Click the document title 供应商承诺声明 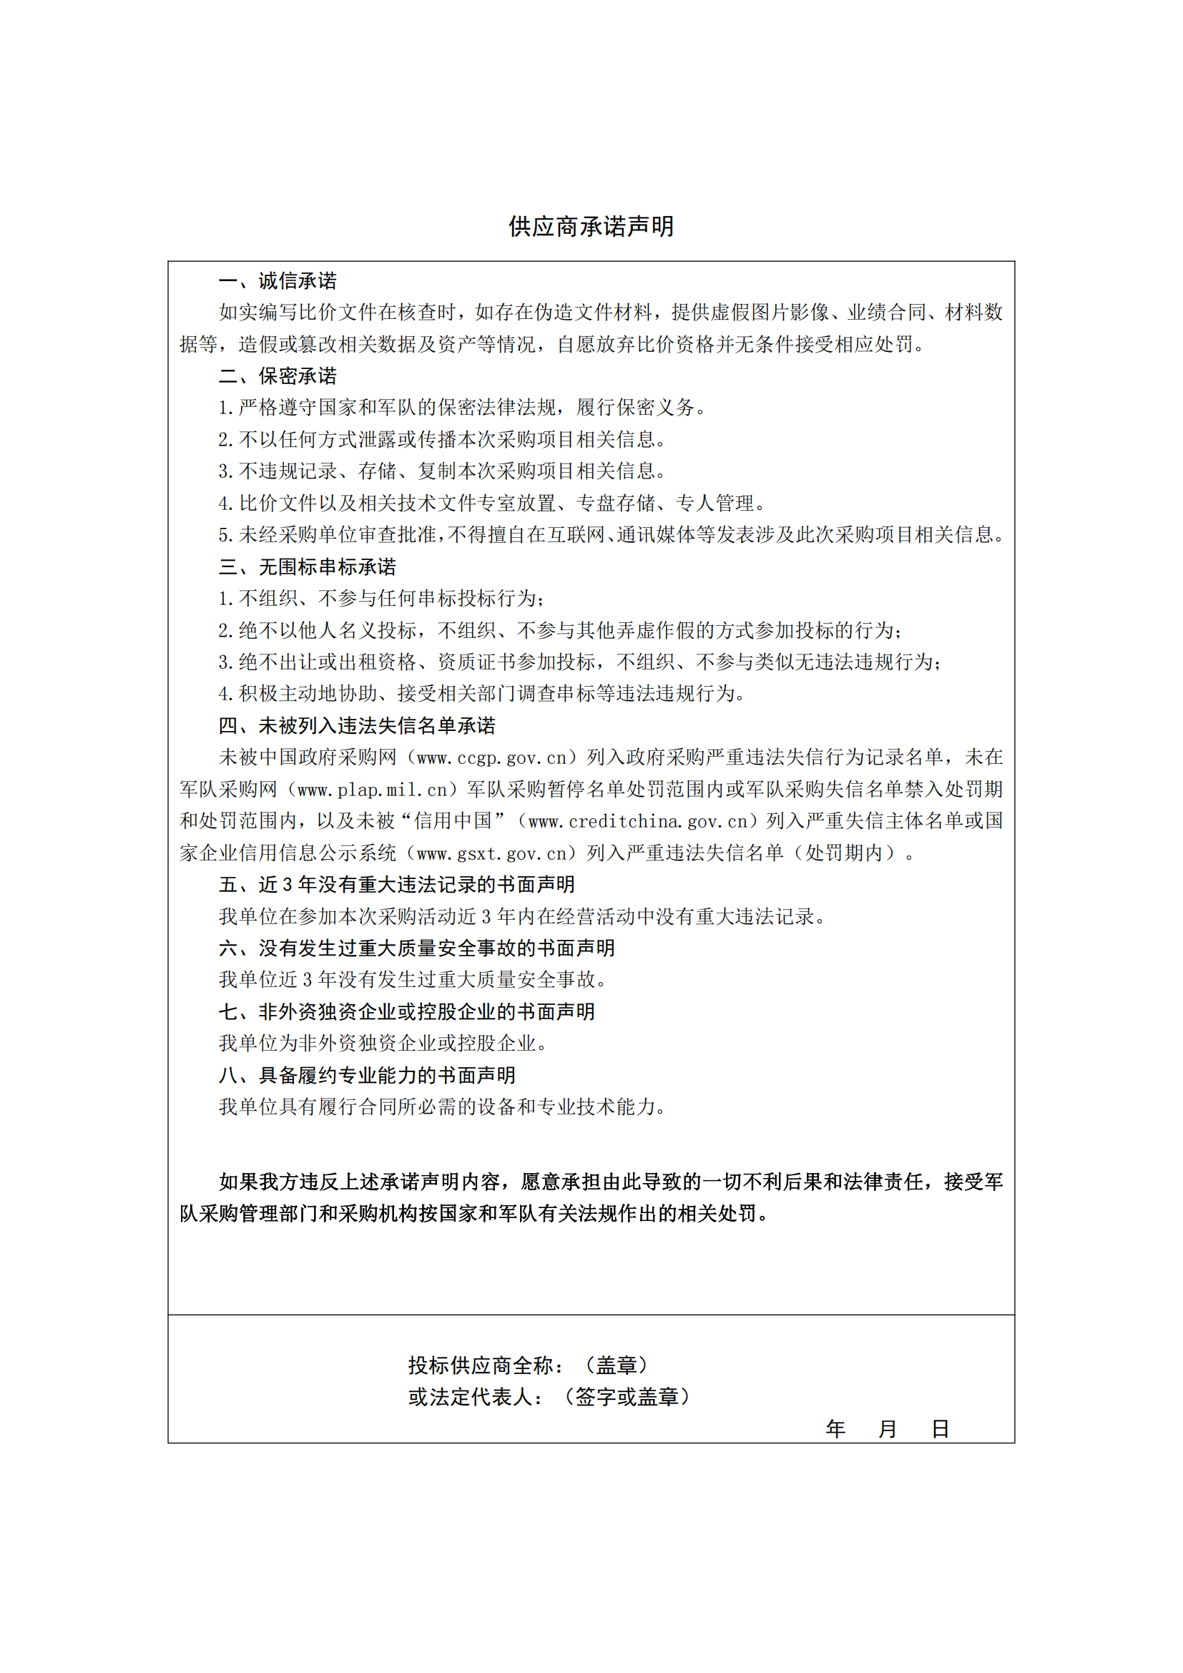591,227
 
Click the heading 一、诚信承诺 278,281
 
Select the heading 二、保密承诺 278,376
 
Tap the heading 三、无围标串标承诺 308,567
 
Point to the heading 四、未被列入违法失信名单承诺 357,726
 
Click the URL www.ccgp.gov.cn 491,757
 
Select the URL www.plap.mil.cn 372,790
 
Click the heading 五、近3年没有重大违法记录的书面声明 397,885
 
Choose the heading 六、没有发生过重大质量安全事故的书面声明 417,948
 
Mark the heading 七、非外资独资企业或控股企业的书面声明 406,1011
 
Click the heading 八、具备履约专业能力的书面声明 367,1075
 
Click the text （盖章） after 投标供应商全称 617,1365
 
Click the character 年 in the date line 835,1429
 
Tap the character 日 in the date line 940,1429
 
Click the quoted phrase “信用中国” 452,821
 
